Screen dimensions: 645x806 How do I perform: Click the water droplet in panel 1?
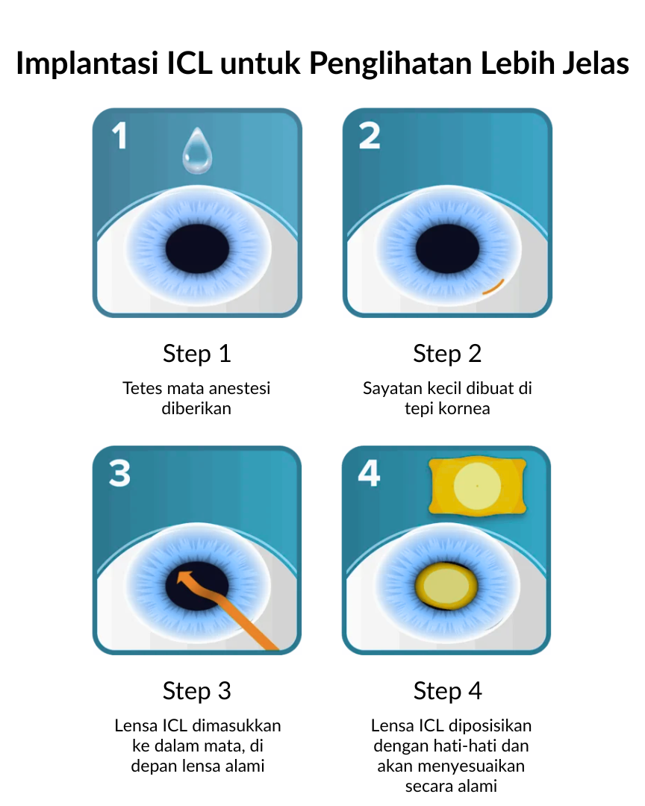point(197,151)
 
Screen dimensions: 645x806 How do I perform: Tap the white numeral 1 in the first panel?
point(120,136)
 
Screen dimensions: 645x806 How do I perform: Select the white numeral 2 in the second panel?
point(370,136)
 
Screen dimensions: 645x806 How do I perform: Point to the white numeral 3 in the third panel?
point(120,473)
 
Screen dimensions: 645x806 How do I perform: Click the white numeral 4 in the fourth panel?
point(370,473)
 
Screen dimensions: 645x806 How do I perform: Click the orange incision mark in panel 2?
point(493,287)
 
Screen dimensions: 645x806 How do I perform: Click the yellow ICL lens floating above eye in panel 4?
point(477,486)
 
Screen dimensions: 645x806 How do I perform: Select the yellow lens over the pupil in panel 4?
point(446,585)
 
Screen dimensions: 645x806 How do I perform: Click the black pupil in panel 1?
point(197,249)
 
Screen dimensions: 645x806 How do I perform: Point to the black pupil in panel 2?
point(447,249)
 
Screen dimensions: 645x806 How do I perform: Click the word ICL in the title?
point(190,63)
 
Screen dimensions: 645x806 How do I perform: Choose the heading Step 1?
point(197,354)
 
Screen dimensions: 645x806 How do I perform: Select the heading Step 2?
point(447,354)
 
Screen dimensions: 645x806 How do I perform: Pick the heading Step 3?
point(197,691)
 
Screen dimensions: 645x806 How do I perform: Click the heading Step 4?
point(447,691)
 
